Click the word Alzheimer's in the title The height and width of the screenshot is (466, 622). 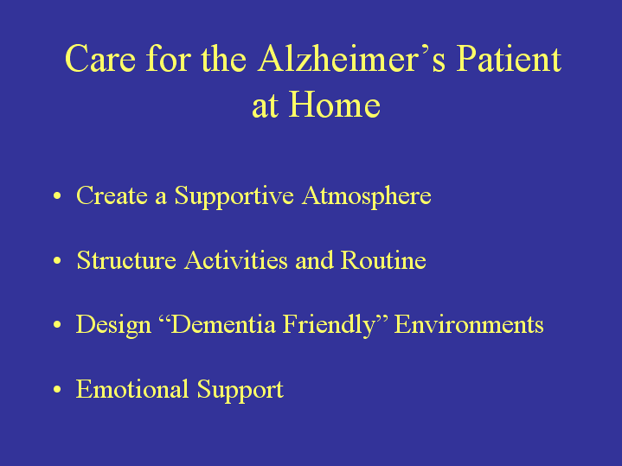(x=351, y=58)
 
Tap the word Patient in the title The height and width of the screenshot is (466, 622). (x=509, y=58)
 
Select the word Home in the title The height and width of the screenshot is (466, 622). (x=335, y=105)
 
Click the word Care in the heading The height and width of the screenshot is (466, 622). (x=100, y=58)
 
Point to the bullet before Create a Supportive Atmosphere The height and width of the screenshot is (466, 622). (x=57, y=195)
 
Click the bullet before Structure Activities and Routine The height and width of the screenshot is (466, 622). (x=57, y=260)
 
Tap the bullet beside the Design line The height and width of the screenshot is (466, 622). (x=57, y=324)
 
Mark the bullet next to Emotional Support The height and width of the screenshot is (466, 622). (x=57, y=389)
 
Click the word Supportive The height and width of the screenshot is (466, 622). (x=234, y=197)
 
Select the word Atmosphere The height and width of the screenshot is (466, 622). (x=367, y=197)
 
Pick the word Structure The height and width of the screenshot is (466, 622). (x=126, y=260)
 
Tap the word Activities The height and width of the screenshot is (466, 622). (x=236, y=260)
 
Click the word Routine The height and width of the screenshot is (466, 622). (x=383, y=260)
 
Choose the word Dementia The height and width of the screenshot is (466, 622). (x=223, y=324)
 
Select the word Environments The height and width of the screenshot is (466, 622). (x=469, y=324)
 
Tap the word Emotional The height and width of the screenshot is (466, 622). (x=132, y=389)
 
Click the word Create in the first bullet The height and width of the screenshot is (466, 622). (x=112, y=195)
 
